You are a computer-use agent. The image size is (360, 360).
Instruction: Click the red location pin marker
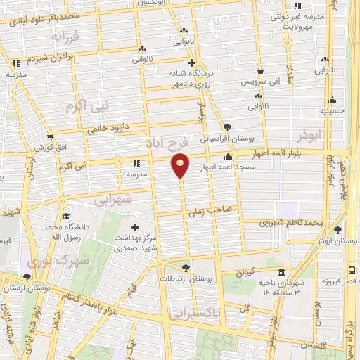181,165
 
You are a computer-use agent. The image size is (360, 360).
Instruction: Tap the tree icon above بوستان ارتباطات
186,267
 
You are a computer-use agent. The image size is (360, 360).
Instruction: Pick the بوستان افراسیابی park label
224,138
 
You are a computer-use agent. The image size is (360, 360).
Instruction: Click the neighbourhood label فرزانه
85,34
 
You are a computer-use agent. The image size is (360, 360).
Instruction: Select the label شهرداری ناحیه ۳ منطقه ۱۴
282,287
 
